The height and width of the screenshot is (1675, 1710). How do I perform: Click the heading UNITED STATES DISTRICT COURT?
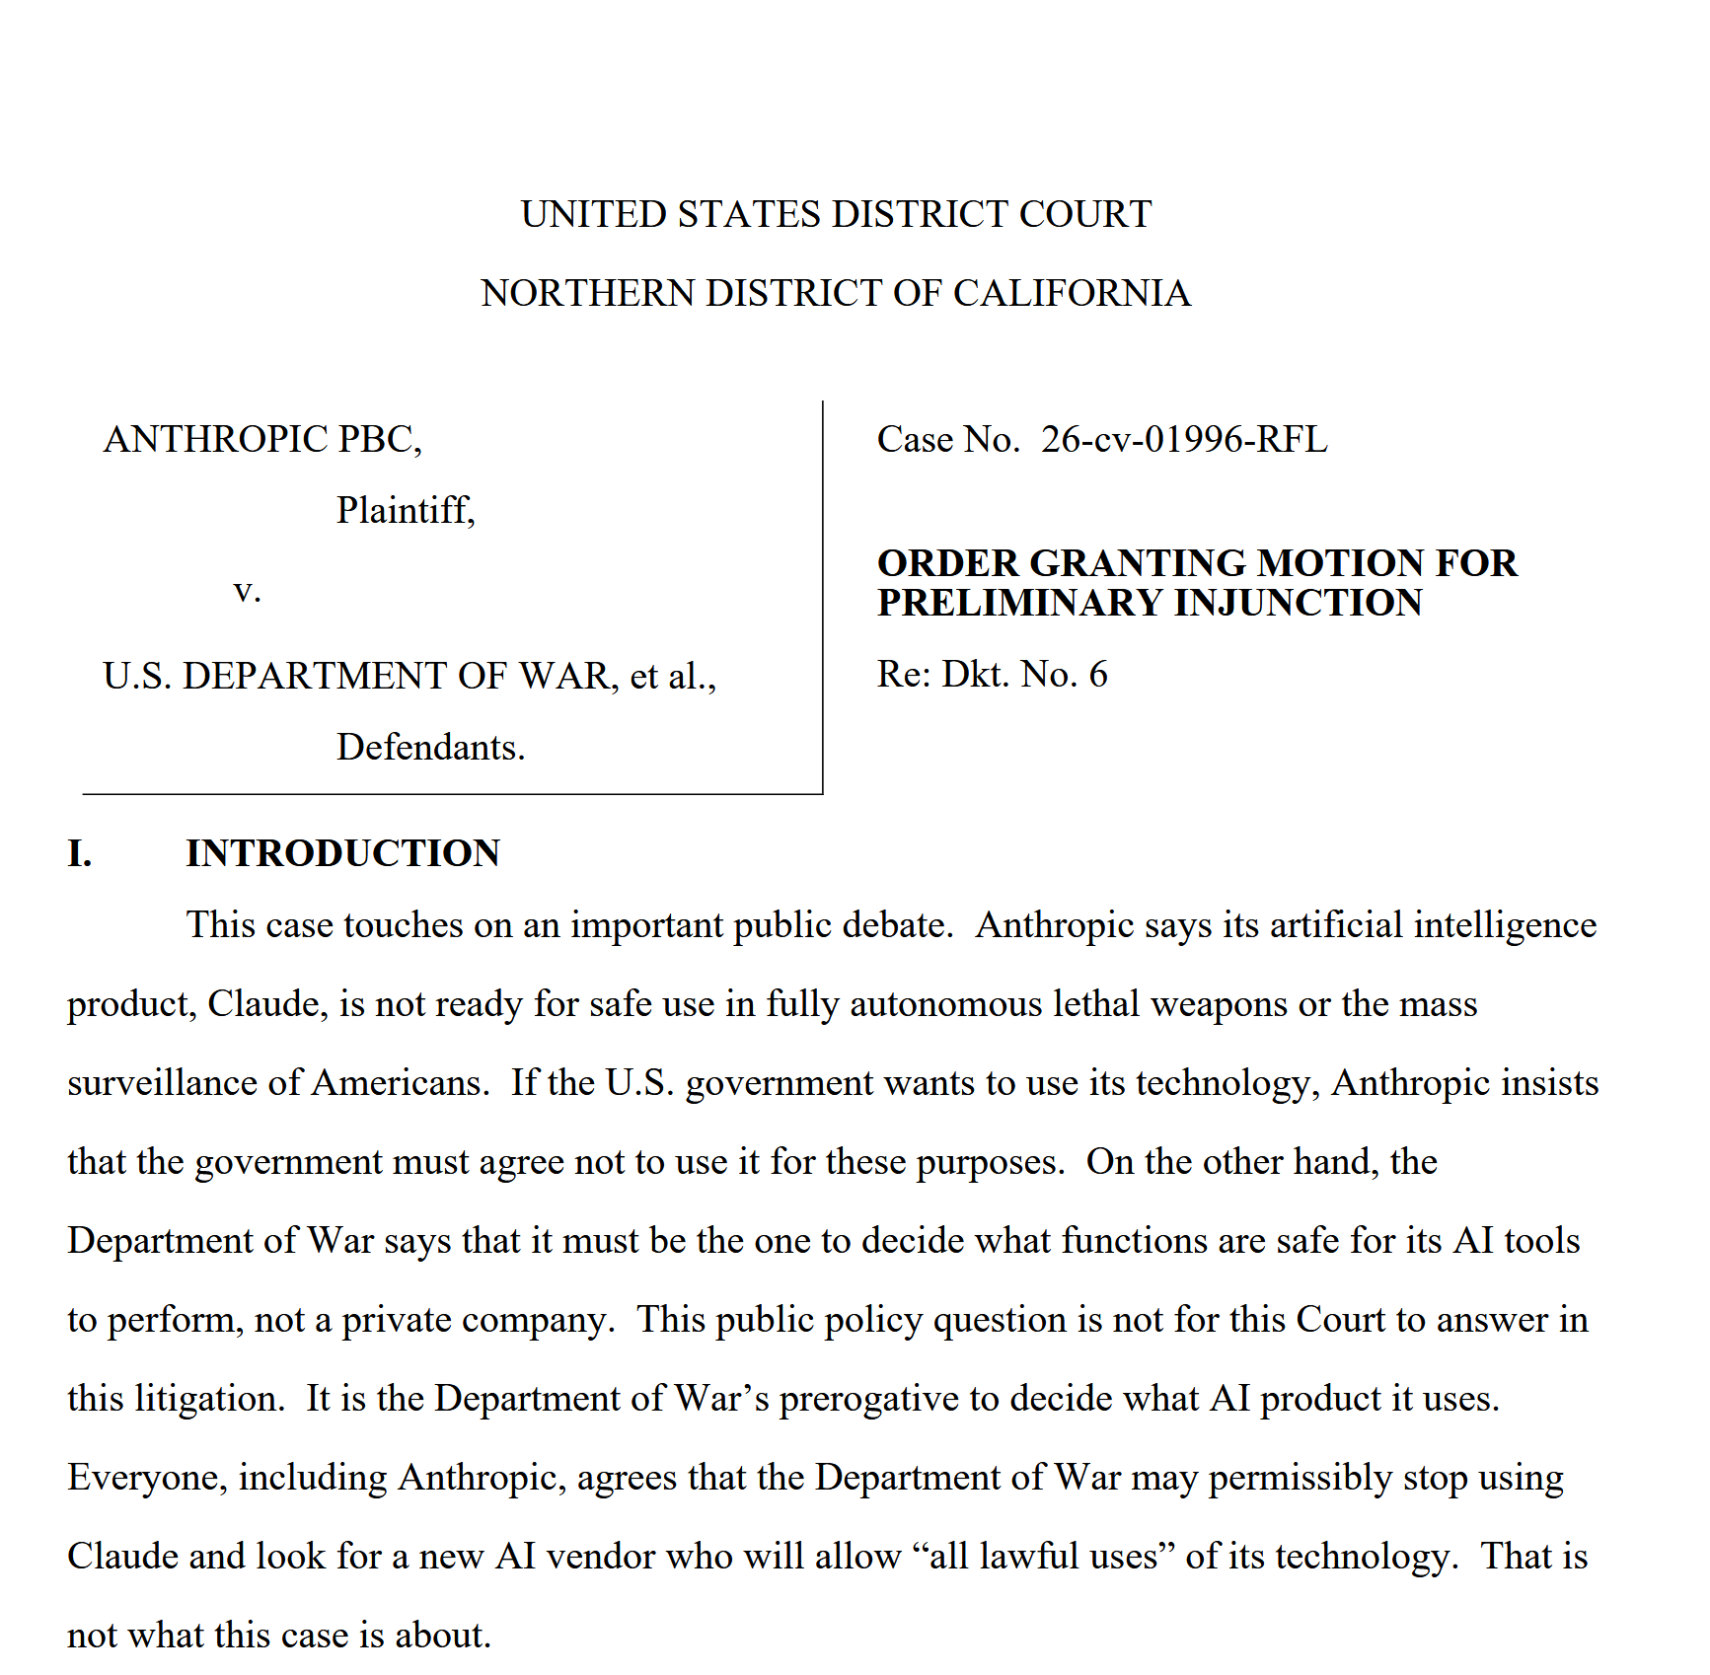[836, 214]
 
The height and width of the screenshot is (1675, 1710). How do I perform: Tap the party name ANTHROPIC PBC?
[261, 439]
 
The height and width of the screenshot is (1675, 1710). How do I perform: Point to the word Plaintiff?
[405, 510]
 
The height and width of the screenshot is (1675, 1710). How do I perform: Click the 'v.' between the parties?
[247, 591]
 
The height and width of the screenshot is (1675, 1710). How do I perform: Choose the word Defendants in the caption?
[430, 747]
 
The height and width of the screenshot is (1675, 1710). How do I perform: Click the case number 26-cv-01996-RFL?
[1183, 439]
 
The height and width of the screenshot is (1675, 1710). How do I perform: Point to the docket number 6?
[1097, 674]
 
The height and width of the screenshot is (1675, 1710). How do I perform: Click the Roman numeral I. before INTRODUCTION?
[80, 853]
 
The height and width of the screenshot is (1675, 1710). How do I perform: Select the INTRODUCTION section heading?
[342, 853]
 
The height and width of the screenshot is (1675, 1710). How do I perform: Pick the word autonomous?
[945, 1004]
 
